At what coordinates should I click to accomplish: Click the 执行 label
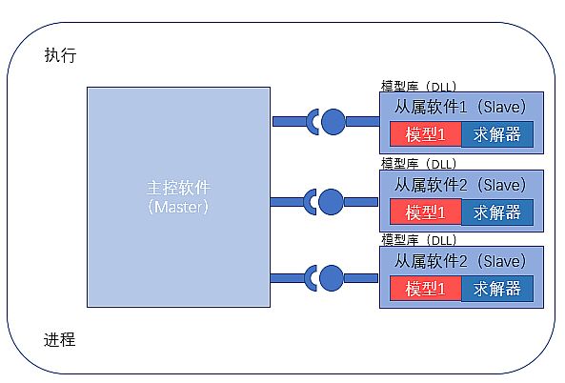point(60,55)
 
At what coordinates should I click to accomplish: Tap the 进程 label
point(59,339)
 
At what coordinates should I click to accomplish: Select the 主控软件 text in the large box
point(179,188)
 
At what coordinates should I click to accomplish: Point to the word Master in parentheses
point(178,207)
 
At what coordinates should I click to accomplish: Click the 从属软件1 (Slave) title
point(460,107)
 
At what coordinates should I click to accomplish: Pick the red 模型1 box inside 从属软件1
point(426,134)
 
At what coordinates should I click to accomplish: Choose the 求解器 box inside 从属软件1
point(497,134)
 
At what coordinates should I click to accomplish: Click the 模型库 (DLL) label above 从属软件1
point(418,87)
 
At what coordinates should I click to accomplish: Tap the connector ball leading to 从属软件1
point(333,122)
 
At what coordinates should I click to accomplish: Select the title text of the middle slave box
point(460,185)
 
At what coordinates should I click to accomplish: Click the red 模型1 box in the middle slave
point(426,212)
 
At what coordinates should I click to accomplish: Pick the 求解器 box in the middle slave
point(497,212)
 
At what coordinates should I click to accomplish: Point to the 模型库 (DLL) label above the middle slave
point(418,164)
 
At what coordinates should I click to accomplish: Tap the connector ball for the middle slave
point(331,202)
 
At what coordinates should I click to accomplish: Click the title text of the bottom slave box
point(460,261)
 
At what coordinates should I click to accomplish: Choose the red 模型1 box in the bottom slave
point(426,289)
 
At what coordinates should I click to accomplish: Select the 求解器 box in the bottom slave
point(497,289)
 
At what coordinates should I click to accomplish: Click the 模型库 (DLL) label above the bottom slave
point(418,240)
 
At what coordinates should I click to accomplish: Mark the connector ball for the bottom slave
point(331,278)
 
